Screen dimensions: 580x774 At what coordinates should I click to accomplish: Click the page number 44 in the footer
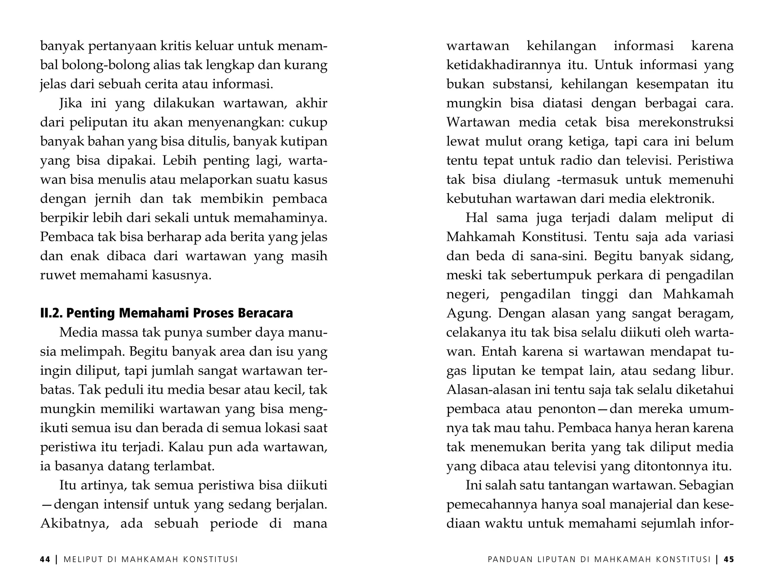[45, 560]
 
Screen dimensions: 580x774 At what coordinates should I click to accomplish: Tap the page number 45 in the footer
[729, 560]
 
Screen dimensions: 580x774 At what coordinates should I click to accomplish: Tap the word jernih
[110, 199]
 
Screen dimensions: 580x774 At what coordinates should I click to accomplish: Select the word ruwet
[57, 275]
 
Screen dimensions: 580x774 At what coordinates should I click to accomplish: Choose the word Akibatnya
[74, 523]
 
